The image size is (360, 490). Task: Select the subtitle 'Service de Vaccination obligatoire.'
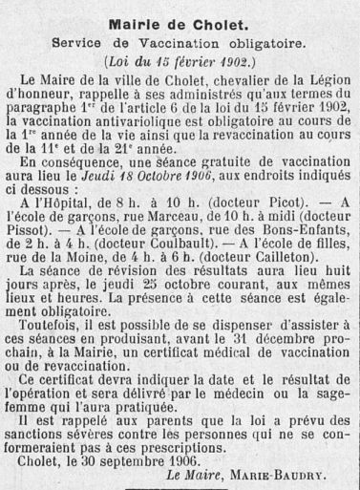tap(180, 46)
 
